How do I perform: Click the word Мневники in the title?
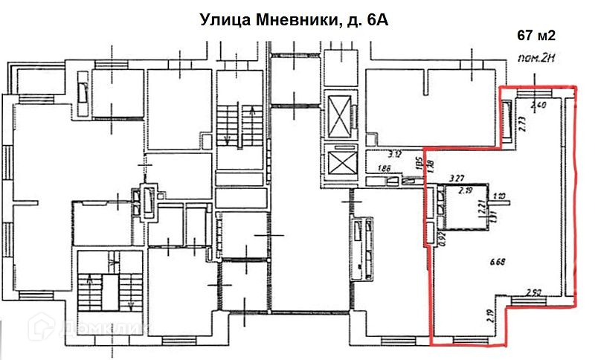[282, 21]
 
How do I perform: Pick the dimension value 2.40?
[539, 105]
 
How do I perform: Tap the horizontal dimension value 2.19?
[466, 192]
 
